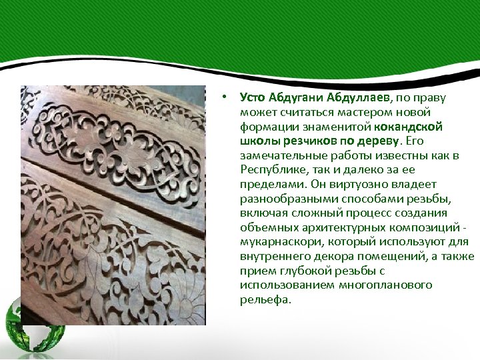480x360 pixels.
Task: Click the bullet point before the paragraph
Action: (227, 97)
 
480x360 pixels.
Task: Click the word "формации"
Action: (265, 127)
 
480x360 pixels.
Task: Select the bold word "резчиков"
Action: (301, 141)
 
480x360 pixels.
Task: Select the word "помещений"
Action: (391, 257)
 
